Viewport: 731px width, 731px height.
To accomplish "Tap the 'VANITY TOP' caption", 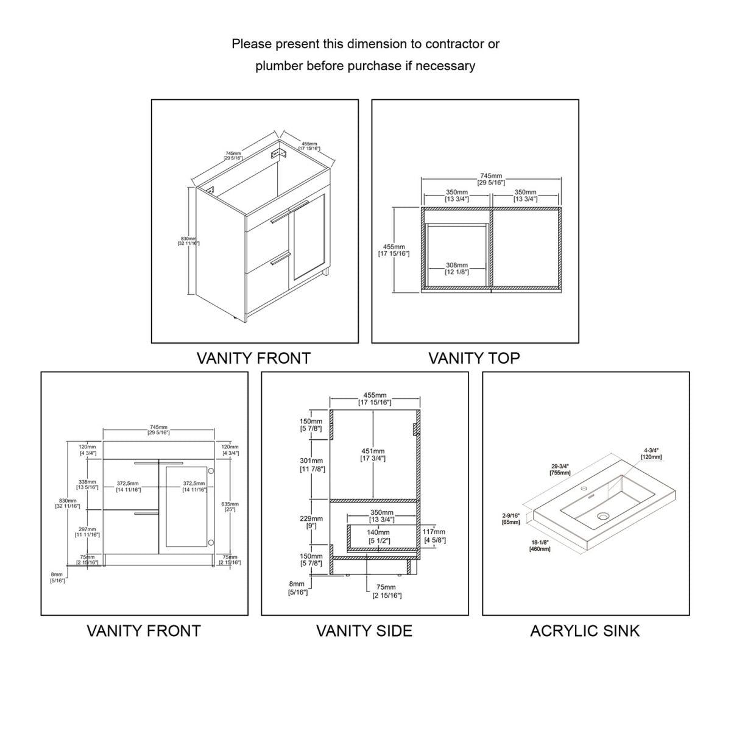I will pos(474,358).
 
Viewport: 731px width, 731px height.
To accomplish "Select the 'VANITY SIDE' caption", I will pos(364,631).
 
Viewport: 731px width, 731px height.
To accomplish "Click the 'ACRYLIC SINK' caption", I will pos(585,631).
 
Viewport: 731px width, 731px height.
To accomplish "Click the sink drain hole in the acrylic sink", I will pos(604,517).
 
